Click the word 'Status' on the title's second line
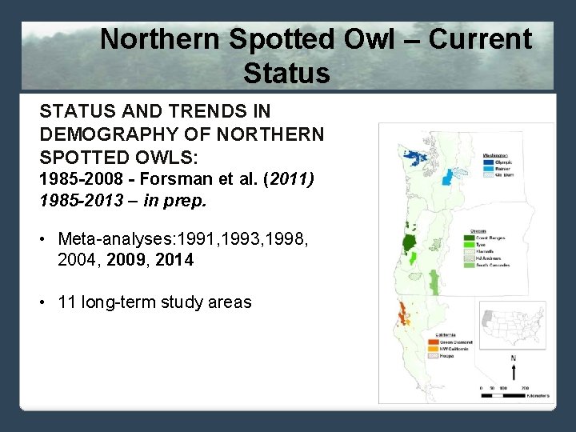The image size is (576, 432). tap(286, 74)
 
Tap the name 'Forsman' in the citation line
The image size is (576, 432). tap(155, 179)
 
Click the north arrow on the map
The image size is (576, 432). tap(513, 368)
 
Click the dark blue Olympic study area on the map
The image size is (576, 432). tap(415, 155)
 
